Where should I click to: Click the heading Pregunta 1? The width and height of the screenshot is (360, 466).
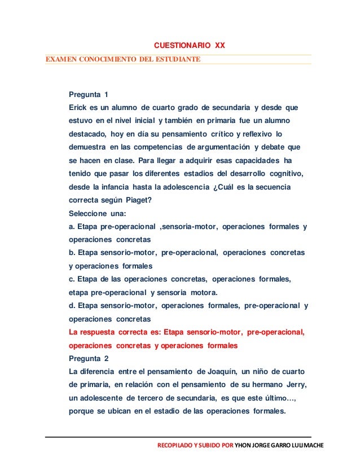tap(88, 94)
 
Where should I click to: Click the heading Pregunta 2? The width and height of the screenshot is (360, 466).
tap(88, 358)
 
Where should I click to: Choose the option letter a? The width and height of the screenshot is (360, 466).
tap(71, 227)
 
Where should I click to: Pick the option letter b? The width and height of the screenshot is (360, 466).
tap(71, 252)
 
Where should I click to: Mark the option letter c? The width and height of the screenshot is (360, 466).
tap(71, 279)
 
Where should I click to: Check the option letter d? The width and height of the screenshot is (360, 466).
tap(71, 306)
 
